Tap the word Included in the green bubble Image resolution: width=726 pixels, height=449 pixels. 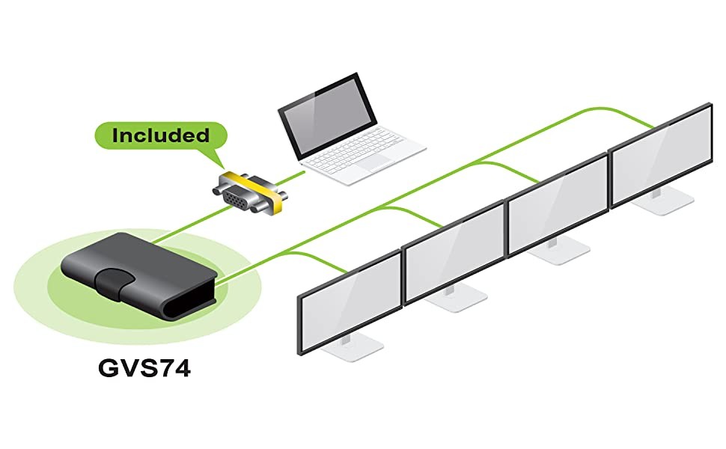[160, 135]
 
